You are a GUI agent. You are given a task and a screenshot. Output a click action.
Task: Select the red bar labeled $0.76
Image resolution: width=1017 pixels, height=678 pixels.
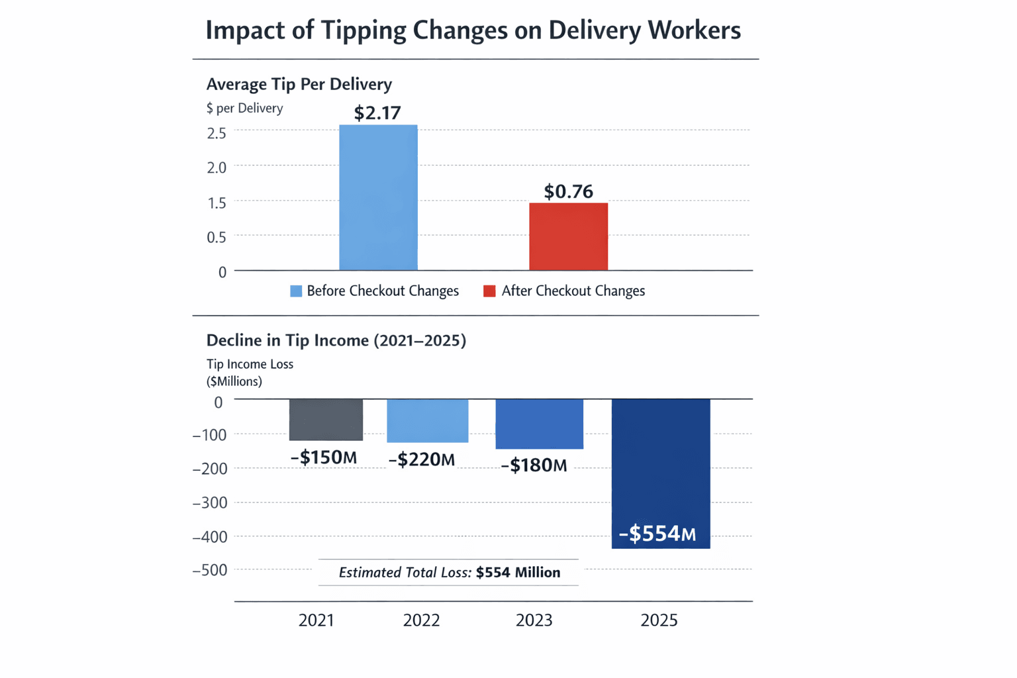tap(568, 236)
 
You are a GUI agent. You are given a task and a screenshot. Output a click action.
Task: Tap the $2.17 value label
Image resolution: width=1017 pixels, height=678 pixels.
tap(377, 113)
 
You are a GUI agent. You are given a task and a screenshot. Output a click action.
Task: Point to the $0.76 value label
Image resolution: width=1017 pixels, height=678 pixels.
tap(568, 191)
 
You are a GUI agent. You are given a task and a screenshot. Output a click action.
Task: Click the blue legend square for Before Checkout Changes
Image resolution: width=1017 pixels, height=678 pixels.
tap(296, 291)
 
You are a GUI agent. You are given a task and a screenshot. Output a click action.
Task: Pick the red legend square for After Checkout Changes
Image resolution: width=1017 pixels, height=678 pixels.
tap(489, 291)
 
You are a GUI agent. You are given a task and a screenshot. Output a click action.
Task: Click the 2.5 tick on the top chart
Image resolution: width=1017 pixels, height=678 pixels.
tap(217, 133)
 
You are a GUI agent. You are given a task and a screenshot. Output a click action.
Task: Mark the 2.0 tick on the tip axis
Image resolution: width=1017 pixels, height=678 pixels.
tap(217, 168)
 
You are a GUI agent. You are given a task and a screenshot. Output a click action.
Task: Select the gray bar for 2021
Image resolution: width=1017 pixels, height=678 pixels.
tap(326, 420)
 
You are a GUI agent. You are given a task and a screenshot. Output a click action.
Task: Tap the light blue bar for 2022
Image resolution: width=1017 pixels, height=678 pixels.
tap(427, 420)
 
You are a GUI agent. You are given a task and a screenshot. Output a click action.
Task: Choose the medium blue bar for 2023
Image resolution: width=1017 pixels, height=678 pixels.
tap(539, 424)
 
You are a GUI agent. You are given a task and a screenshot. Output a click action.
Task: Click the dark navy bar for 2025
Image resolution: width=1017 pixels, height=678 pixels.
tap(660, 473)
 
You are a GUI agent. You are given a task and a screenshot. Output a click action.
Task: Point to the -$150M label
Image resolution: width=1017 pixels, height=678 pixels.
tap(324, 458)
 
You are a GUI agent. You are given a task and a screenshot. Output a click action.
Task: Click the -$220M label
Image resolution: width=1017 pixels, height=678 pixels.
tap(422, 460)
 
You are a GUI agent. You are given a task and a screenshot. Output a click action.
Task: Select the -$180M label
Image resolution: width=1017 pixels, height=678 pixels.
tap(534, 465)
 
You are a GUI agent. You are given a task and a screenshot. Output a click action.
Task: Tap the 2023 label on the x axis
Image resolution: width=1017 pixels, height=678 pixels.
tap(534, 620)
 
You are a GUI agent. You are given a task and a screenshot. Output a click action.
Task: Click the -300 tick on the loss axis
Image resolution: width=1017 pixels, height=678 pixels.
tap(210, 503)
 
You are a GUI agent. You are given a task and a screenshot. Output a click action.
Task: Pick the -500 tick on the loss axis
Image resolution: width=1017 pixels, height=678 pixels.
tap(210, 570)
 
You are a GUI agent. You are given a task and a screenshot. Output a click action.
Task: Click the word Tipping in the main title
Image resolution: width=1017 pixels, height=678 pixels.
tap(363, 30)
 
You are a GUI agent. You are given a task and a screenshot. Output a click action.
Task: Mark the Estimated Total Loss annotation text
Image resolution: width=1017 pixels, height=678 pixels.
tap(449, 573)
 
